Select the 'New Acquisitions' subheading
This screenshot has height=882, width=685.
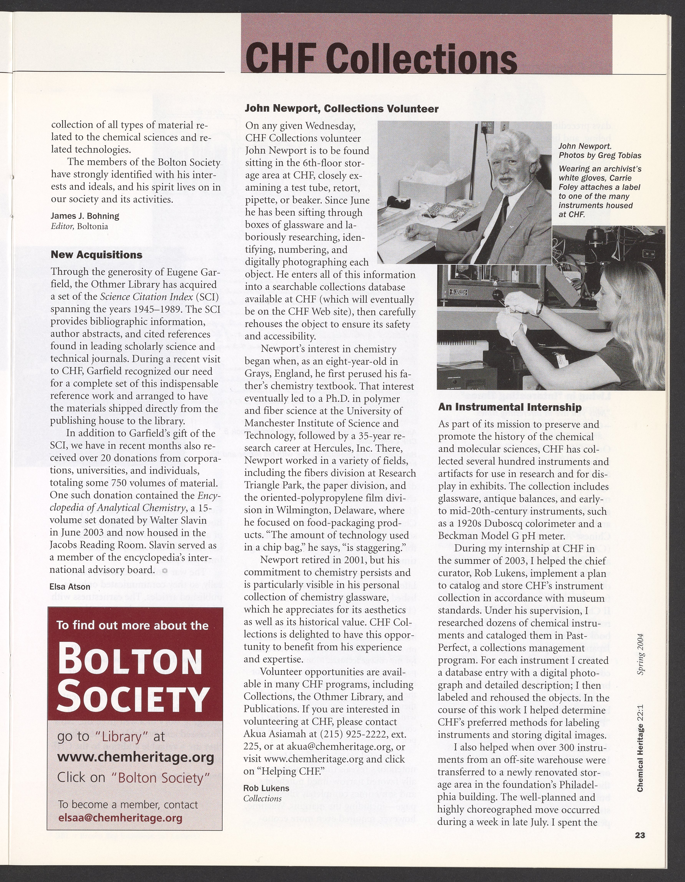(x=96, y=255)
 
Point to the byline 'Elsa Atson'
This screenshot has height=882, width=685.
(x=70, y=587)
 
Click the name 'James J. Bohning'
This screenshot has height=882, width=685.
(x=85, y=216)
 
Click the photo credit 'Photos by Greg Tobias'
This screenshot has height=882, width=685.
(x=600, y=155)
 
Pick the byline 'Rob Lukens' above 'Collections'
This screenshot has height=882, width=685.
(x=266, y=788)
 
